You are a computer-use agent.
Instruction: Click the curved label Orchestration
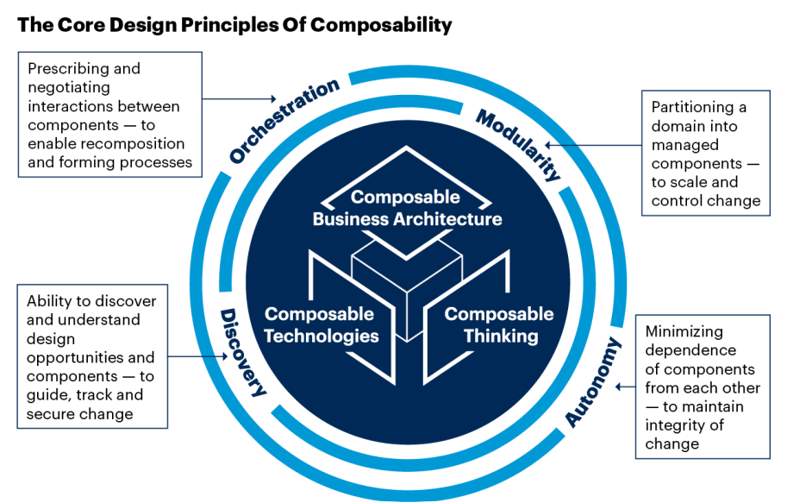[x=284, y=121]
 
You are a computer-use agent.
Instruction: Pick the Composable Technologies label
[x=321, y=324]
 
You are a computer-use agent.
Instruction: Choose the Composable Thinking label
[x=498, y=324]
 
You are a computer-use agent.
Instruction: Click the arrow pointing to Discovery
[x=194, y=356]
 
